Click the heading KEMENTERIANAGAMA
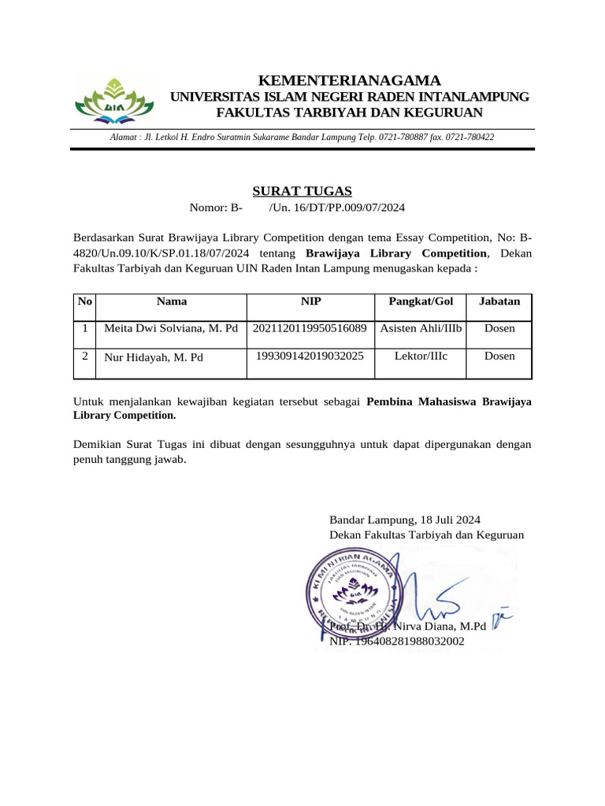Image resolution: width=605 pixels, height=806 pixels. coord(350,80)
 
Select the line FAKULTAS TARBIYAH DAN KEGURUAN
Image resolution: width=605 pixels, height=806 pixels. coord(350,113)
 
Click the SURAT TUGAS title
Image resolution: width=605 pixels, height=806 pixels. coord(302,190)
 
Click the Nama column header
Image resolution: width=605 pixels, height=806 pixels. coord(172,301)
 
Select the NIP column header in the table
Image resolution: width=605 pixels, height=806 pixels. coord(311,301)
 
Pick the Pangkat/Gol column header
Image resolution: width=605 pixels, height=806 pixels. coord(421,301)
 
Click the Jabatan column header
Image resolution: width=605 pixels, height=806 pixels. coord(499,301)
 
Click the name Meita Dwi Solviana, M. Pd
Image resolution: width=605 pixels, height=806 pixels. coord(171,327)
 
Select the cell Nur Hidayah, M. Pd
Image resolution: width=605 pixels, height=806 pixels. coord(154,357)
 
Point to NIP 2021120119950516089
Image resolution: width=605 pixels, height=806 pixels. coord(310,327)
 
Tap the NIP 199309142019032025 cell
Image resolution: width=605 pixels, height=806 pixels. coord(310,356)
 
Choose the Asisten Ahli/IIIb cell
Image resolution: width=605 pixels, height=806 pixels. coord(421,327)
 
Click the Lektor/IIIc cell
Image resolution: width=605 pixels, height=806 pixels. coord(421,356)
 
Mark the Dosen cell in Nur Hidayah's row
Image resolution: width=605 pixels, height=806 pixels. coord(499,356)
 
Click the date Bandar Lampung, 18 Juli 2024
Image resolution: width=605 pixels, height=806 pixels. coord(404,520)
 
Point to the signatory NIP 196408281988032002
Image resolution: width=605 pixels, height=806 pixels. coord(397,641)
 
